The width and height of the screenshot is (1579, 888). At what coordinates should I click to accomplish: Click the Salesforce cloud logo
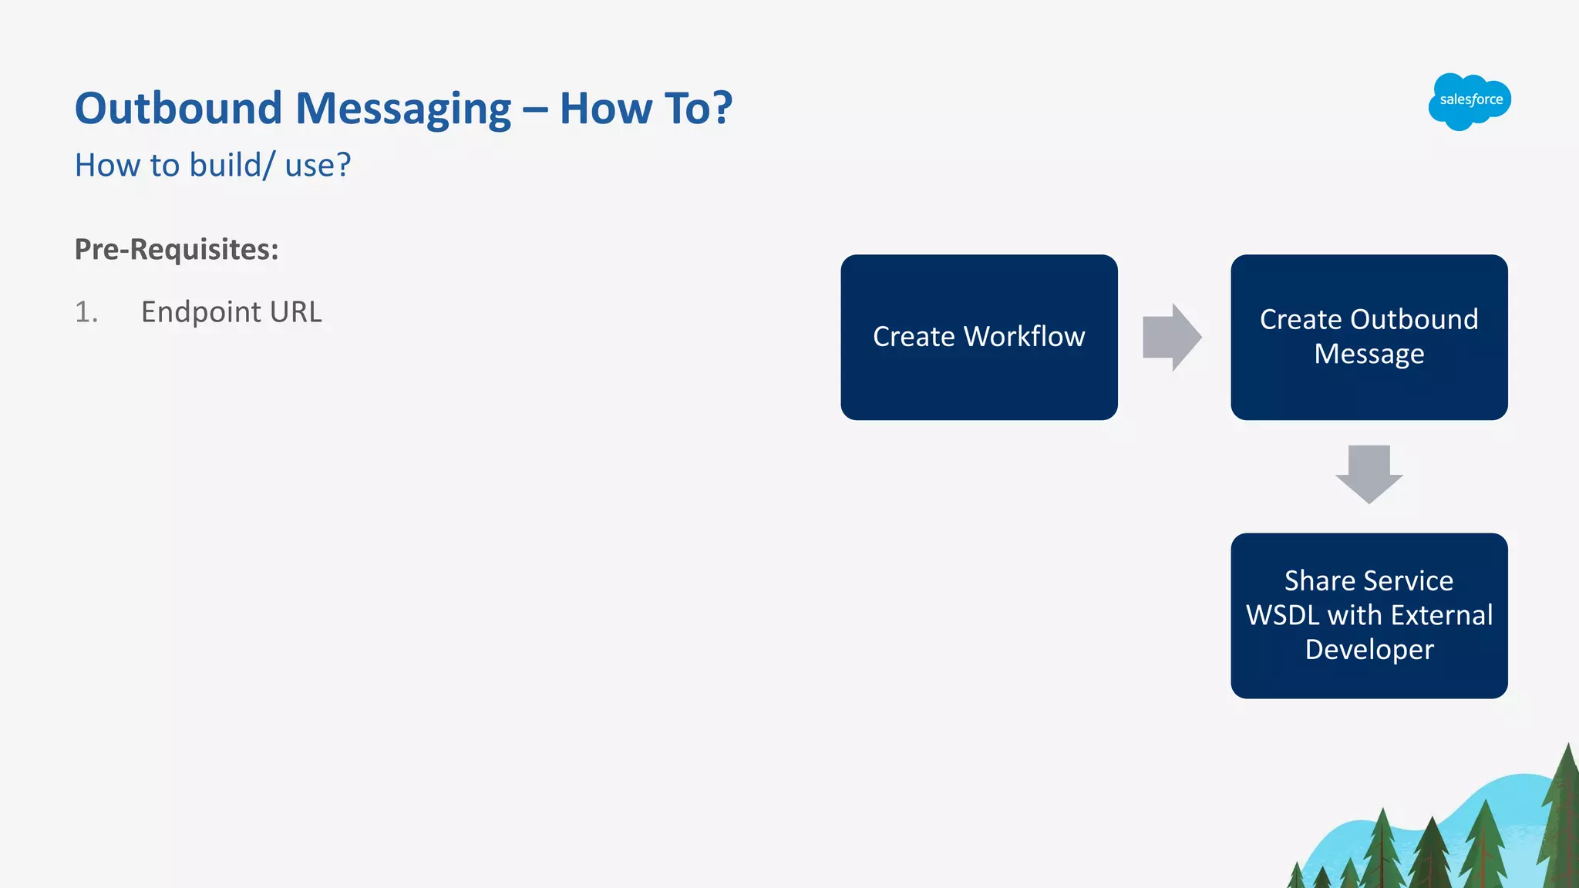[x=1470, y=101]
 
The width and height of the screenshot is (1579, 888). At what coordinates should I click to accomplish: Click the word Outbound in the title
[x=178, y=108]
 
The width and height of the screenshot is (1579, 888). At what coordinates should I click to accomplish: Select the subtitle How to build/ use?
[x=213, y=165]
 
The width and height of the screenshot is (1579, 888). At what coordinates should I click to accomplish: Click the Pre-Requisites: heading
[x=177, y=249]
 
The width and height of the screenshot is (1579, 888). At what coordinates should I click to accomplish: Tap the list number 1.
[x=86, y=312]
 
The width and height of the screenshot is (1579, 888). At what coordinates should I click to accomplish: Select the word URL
[x=295, y=312]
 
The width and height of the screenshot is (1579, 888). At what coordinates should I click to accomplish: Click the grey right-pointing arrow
[x=1171, y=337]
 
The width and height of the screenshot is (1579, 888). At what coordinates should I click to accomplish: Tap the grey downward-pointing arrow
[x=1369, y=473]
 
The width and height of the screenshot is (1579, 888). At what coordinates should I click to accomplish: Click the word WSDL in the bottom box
[x=1282, y=615]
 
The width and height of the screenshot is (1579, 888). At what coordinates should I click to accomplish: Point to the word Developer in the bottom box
[x=1369, y=649]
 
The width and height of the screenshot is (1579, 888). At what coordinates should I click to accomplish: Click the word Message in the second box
[x=1369, y=354]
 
